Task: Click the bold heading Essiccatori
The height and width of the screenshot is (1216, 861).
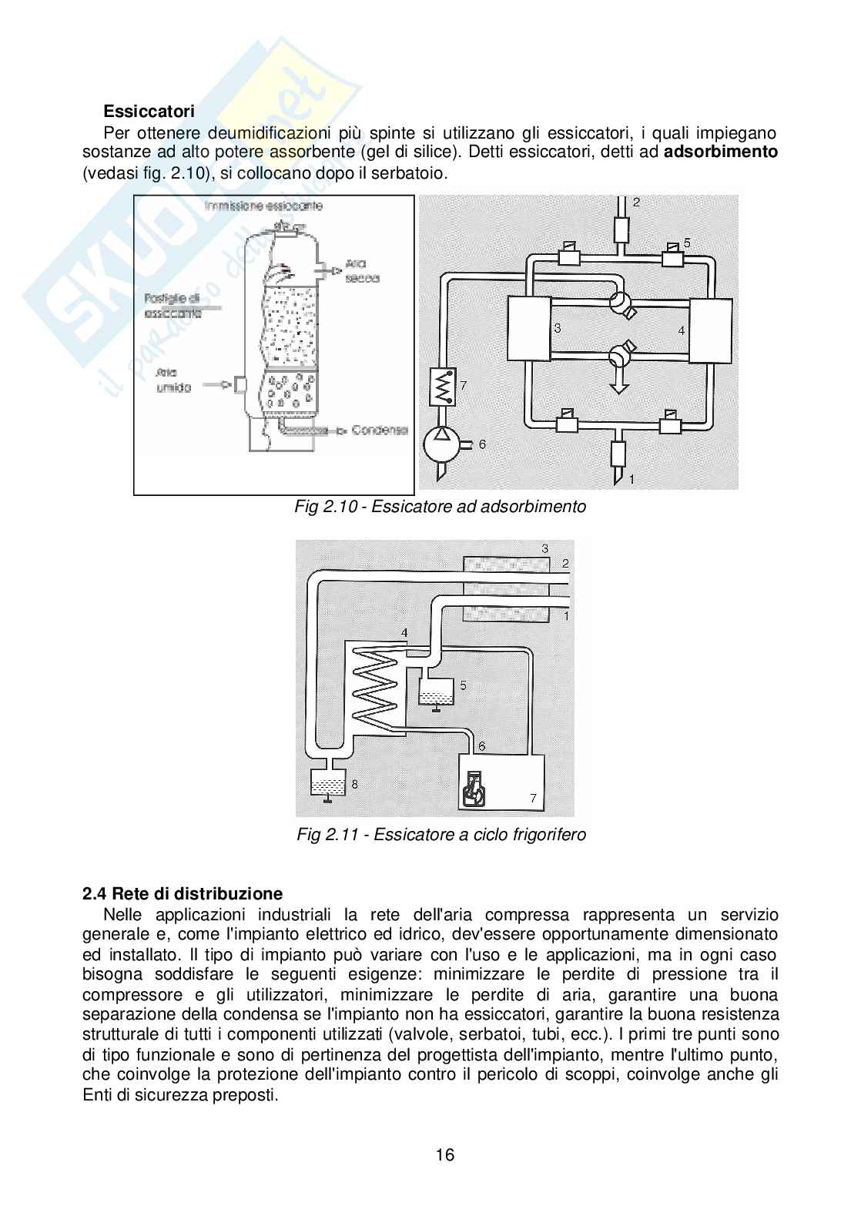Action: click(x=149, y=112)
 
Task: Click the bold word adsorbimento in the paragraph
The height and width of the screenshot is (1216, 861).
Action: click(x=721, y=152)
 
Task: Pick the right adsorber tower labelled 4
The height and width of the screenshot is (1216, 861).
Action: click(x=711, y=330)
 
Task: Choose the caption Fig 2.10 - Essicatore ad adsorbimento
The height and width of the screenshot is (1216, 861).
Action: click(x=441, y=507)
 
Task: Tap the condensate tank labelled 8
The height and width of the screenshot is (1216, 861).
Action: click(x=327, y=784)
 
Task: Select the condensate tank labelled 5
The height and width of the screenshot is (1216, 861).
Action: click(x=436, y=690)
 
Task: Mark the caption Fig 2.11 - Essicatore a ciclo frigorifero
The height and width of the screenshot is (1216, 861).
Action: click(x=441, y=835)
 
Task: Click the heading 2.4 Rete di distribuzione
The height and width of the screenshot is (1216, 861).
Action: click(x=183, y=894)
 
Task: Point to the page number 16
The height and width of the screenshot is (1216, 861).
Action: click(x=444, y=1155)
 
